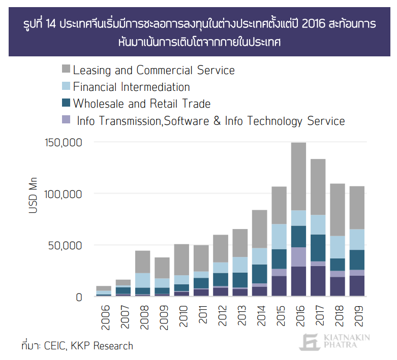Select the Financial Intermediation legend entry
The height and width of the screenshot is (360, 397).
(131, 87)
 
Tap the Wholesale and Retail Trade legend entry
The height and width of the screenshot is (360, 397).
(141, 104)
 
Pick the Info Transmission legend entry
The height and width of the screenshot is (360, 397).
(210, 121)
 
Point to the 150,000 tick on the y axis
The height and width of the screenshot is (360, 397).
(64, 142)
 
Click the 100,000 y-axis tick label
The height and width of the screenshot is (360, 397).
(64, 194)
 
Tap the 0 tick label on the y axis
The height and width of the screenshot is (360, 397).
(79, 297)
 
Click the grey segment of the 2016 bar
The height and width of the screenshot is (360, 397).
(298, 176)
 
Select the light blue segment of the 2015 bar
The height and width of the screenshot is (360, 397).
(279, 237)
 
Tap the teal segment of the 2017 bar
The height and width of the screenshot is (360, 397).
(318, 248)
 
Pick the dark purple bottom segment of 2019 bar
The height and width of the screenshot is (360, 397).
(357, 286)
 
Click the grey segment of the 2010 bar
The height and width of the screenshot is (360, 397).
(182, 259)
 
